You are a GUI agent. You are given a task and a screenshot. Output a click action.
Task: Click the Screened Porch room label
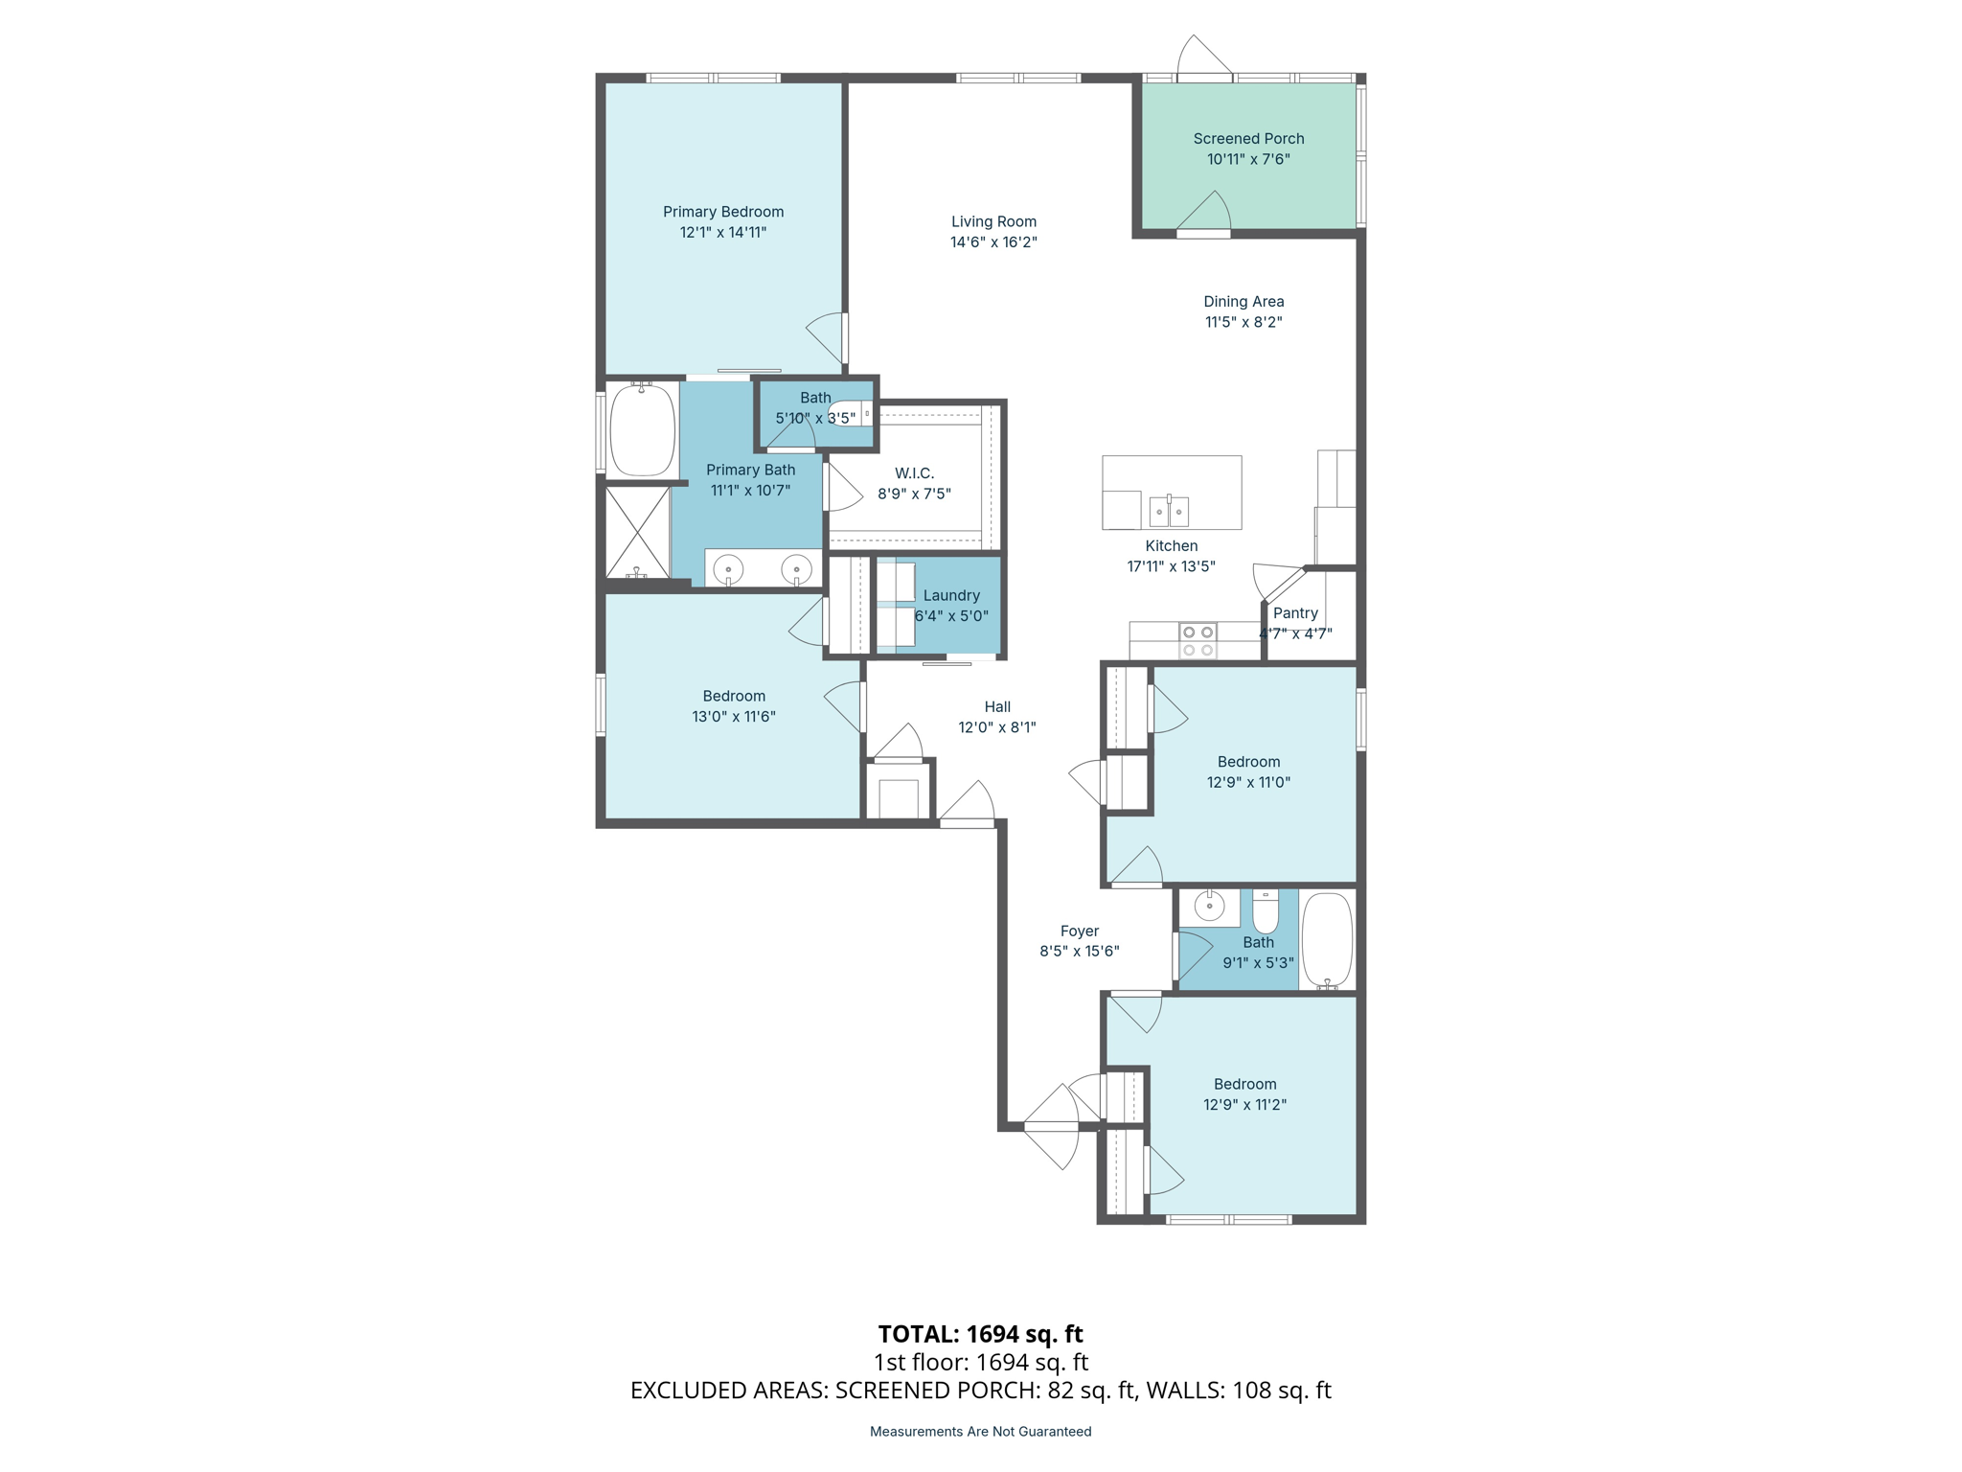pos(1248,139)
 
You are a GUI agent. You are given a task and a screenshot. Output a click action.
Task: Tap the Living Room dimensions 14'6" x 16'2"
pos(993,242)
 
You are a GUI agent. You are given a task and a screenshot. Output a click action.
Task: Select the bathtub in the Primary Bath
pos(642,430)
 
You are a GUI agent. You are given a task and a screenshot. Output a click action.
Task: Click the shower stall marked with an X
pos(637,531)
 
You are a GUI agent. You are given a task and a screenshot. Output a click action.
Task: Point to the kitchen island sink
pos(1169,511)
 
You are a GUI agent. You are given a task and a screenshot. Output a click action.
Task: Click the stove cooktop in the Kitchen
pos(1198,641)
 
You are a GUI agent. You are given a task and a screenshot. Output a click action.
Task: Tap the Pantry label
pos(1295,613)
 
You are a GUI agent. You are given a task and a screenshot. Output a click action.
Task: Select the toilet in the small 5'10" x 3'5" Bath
pos(848,413)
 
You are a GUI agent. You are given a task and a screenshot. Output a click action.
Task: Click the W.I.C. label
pos(914,473)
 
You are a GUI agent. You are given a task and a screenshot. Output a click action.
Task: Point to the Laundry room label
pos(951,595)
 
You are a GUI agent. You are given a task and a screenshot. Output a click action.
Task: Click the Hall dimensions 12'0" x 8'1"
pos(997,727)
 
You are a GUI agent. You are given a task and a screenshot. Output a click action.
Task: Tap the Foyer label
pos(1080,931)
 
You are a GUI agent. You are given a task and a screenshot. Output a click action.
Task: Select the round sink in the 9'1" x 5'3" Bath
pos(1209,906)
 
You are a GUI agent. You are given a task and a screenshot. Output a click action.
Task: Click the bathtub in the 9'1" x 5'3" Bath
pos(1327,940)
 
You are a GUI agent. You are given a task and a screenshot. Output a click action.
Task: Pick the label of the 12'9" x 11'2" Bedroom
pos(1244,1084)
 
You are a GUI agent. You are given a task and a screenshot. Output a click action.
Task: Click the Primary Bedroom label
pos(723,212)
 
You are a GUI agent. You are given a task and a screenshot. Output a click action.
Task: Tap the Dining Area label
pos(1243,302)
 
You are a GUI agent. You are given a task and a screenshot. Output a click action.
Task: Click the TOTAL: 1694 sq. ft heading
pos(980,1334)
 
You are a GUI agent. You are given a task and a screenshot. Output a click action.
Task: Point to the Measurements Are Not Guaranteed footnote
pos(980,1432)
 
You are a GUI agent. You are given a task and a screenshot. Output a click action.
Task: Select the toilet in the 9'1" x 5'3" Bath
pos(1266,913)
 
